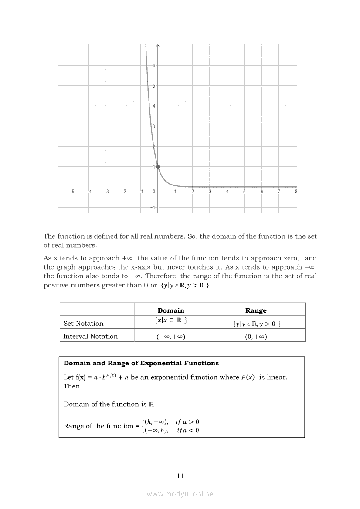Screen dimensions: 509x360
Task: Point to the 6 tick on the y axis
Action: click(x=154, y=65)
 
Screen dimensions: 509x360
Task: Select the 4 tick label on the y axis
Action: click(x=154, y=106)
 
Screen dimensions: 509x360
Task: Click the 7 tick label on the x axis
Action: click(x=278, y=192)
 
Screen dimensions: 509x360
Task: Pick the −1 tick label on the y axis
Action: click(x=153, y=207)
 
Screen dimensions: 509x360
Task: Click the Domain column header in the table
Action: click(x=171, y=310)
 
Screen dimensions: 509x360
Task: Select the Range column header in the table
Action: click(x=256, y=310)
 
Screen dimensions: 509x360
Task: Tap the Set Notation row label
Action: click(x=83, y=324)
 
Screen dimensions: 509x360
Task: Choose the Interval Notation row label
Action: click(x=90, y=336)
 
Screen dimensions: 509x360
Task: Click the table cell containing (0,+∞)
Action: click(x=256, y=337)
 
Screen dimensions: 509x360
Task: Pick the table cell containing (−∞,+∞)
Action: click(x=171, y=337)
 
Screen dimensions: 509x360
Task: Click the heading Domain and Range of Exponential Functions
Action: click(x=141, y=363)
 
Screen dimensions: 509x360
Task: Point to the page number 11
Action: click(x=180, y=476)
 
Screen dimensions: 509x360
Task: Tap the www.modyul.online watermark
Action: click(x=180, y=494)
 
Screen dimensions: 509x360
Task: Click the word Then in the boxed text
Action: click(x=72, y=386)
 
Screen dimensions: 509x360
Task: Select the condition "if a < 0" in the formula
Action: click(x=188, y=431)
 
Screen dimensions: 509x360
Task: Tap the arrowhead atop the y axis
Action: click(x=158, y=45)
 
